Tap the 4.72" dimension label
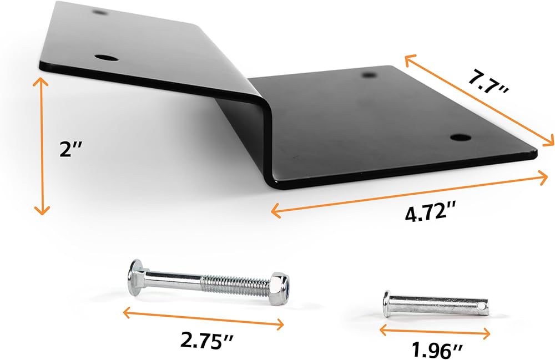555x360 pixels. pos(430,214)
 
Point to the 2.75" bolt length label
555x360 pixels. pos(206,341)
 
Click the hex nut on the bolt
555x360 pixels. pos(280,288)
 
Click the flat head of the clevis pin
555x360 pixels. pos(386,304)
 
